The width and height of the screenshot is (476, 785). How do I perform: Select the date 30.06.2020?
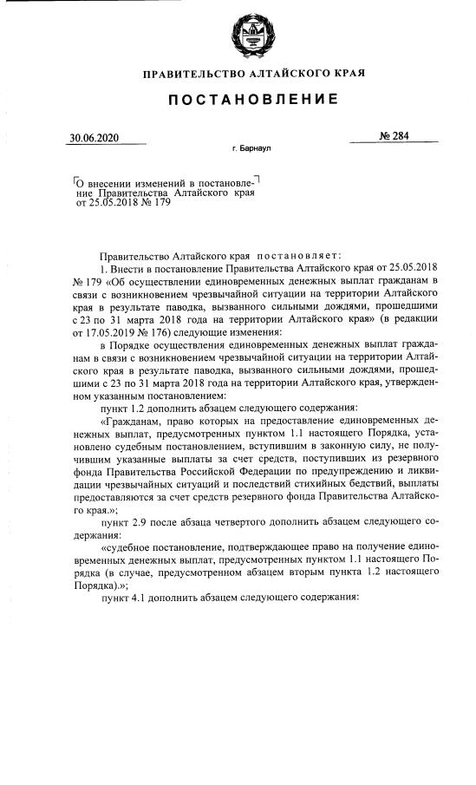tap(95, 138)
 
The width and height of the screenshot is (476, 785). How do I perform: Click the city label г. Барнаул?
tap(251, 149)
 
